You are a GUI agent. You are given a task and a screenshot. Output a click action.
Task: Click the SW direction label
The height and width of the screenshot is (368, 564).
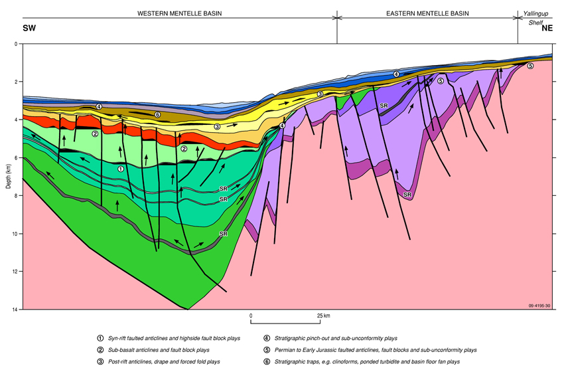tap(29, 29)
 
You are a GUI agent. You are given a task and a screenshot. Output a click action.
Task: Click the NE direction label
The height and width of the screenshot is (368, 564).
tap(547, 29)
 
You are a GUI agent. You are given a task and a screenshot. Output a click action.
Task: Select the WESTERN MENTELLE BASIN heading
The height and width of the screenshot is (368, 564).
tap(179, 13)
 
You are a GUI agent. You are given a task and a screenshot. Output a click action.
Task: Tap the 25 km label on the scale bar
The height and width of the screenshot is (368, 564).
tap(324, 315)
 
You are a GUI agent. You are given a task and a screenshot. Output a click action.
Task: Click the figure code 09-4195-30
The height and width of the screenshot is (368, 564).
tap(539, 306)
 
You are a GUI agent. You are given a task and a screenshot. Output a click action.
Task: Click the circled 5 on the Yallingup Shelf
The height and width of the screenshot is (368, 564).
tap(529, 66)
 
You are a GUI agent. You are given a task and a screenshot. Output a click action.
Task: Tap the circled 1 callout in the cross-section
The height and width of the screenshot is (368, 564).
tap(121, 169)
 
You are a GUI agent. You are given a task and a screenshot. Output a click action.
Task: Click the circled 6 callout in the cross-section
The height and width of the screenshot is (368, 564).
tap(157, 115)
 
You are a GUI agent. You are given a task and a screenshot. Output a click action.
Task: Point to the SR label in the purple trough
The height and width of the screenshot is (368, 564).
tap(407, 195)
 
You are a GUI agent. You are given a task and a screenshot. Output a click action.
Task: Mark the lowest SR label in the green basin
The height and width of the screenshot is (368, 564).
tap(224, 234)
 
